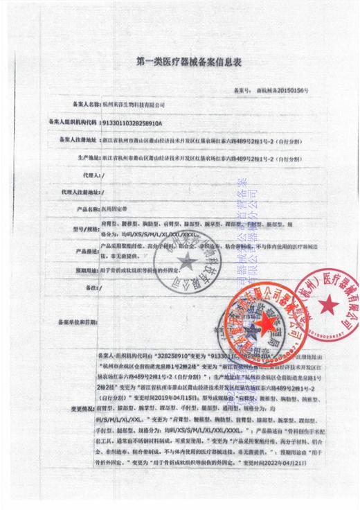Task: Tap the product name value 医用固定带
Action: (x=114, y=209)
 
